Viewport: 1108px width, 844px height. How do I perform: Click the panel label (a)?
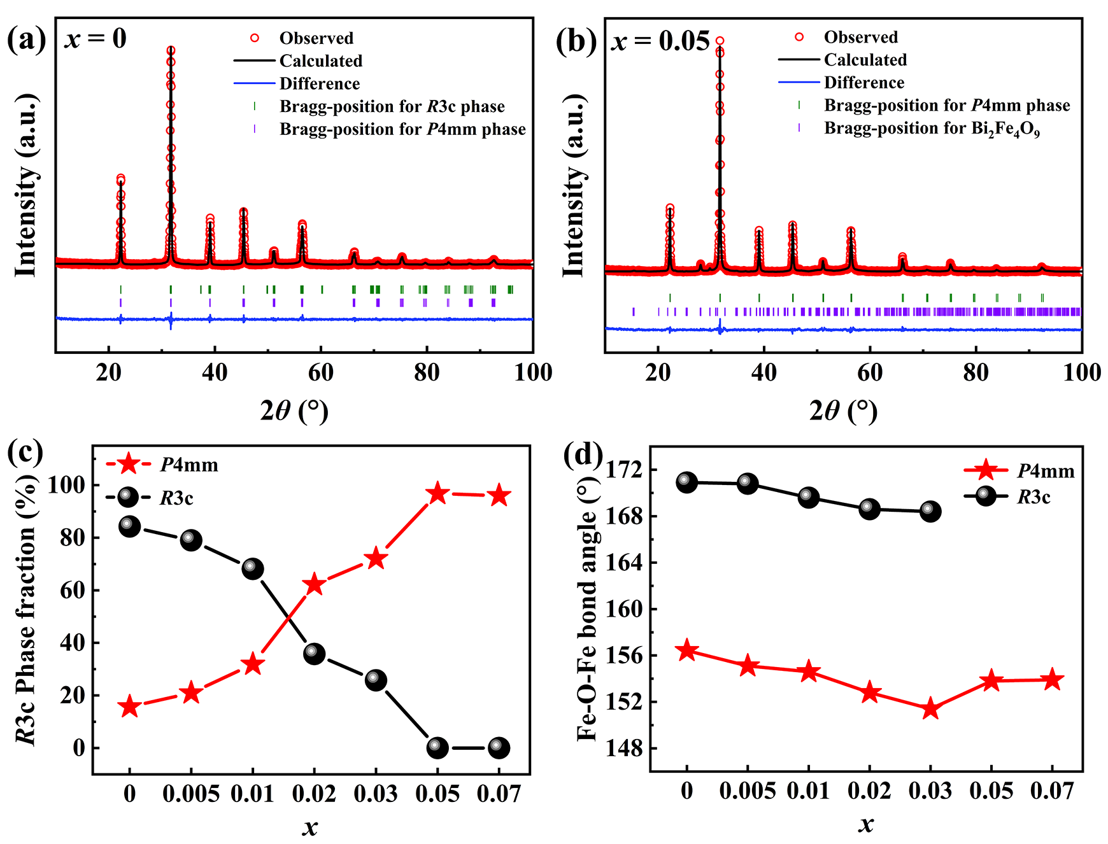26,40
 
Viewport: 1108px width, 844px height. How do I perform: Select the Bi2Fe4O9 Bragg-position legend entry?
931,129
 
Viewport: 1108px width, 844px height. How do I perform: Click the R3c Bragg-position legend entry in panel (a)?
392,106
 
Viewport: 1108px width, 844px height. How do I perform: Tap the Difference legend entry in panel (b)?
863,83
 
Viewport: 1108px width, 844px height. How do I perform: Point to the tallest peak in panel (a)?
171,51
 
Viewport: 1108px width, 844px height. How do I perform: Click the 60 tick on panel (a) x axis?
320,372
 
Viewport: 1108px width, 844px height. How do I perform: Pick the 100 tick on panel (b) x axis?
1081,372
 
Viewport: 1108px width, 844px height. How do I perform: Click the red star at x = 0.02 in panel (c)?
314,584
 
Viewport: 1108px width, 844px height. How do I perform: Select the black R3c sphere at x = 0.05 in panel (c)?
437,747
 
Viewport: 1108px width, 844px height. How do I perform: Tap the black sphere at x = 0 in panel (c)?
130,526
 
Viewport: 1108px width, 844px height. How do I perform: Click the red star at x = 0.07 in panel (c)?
499,495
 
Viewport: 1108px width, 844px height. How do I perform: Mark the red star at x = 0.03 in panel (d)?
930,708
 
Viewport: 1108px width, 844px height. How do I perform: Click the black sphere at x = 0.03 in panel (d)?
930,511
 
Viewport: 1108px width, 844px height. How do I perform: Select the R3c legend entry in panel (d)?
1033,496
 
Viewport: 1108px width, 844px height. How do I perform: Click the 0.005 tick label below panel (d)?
748,791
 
